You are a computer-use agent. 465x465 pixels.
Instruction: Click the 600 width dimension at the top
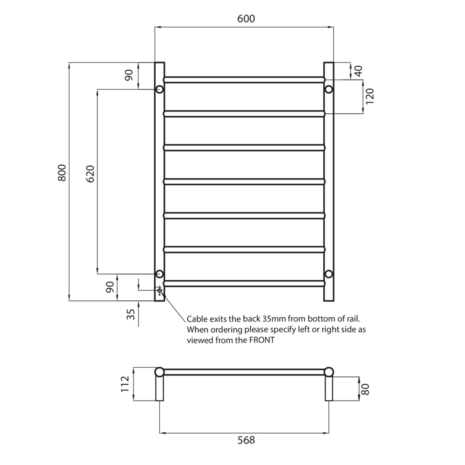(x=245, y=19)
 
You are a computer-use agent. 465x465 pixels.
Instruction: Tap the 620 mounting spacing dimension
(x=90, y=174)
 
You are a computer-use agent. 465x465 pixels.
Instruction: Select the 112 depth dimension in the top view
(x=125, y=384)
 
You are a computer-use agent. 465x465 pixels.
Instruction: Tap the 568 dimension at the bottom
(x=246, y=440)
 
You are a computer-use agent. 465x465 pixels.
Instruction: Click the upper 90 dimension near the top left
(x=129, y=75)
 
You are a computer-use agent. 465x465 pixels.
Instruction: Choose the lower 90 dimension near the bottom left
(x=110, y=287)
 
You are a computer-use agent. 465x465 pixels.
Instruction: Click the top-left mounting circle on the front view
(x=159, y=90)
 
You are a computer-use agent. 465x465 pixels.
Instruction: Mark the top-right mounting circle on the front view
(x=329, y=90)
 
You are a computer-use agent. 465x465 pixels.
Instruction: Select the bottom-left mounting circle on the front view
(x=159, y=274)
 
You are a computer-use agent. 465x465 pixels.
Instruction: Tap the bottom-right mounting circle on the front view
(x=329, y=274)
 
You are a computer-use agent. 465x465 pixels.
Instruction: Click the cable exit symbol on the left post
(x=160, y=291)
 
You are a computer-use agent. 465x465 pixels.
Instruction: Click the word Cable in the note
(x=197, y=319)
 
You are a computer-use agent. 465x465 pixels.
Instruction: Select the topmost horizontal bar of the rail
(x=244, y=80)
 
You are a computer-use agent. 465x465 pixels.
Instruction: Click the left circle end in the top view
(x=159, y=372)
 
